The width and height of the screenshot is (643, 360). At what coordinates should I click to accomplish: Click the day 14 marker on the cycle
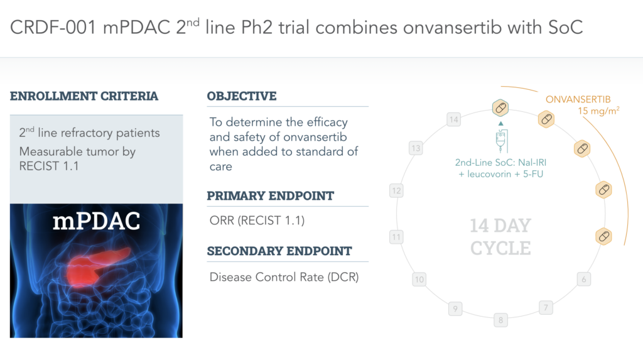click(x=453, y=119)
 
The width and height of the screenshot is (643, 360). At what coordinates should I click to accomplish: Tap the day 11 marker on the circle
click(x=396, y=237)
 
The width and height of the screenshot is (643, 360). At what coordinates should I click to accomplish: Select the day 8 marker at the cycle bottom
click(x=500, y=320)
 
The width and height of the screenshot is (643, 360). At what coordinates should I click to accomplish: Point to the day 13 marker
click(x=415, y=148)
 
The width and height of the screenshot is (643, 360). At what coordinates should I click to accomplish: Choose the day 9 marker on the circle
click(x=456, y=308)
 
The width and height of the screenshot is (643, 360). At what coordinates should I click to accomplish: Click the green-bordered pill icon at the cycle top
click(x=500, y=108)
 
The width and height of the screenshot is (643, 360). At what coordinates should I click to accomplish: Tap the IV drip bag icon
click(x=500, y=142)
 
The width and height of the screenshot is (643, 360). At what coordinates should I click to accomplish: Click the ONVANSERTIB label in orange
click(x=578, y=99)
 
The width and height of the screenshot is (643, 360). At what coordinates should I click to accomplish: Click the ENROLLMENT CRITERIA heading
click(x=84, y=96)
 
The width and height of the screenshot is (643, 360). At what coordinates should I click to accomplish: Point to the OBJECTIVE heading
click(x=242, y=96)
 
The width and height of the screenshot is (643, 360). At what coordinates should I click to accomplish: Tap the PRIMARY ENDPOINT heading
click(x=271, y=195)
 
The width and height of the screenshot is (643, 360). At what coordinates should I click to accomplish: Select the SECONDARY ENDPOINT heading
click(x=279, y=251)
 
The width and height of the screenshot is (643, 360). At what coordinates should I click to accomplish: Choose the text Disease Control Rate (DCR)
click(x=284, y=276)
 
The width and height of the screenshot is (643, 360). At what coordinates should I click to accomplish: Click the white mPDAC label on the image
click(x=96, y=223)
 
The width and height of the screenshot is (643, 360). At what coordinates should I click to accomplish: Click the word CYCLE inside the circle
click(x=500, y=248)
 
